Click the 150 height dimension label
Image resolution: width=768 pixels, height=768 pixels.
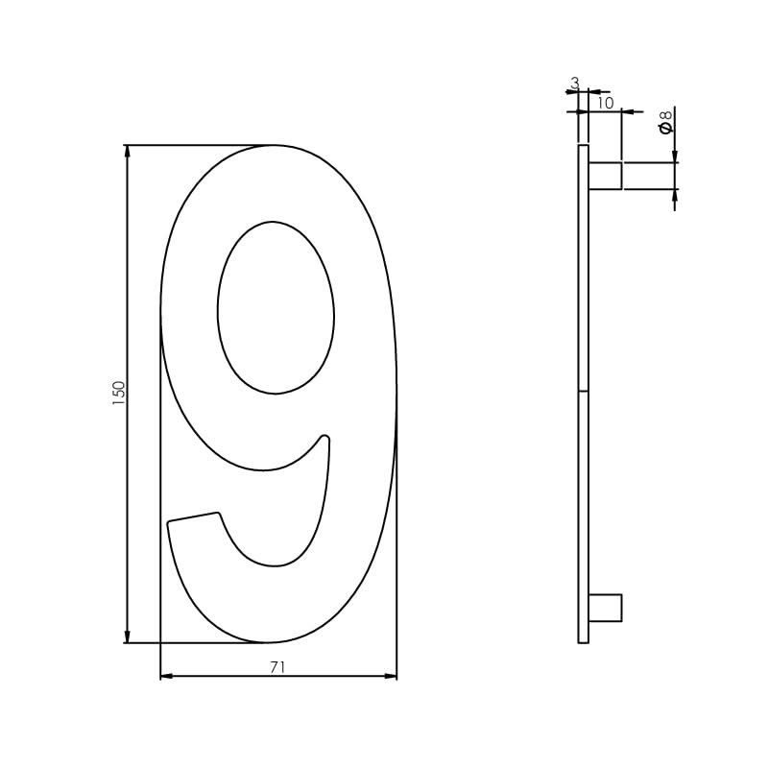pyautogui.click(x=119, y=392)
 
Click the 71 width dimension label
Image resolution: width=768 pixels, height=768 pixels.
pyautogui.click(x=277, y=667)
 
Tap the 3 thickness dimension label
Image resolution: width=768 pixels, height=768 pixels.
pyautogui.click(x=575, y=84)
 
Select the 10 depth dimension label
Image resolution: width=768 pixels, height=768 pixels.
pyautogui.click(x=605, y=103)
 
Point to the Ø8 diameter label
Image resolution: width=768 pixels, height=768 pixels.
pyautogui.click(x=665, y=122)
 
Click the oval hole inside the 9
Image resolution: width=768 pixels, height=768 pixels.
pyautogui.click(x=276, y=307)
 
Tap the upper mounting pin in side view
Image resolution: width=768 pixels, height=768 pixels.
pyautogui.click(x=605, y=176)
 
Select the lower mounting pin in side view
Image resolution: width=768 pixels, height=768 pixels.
pyautogui.click(x=605, y=608)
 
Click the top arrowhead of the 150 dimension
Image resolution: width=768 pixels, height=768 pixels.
pyautogui.click(x=127, y=151)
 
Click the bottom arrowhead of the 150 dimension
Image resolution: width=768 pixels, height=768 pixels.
pyautogui.click(x=127, y=636)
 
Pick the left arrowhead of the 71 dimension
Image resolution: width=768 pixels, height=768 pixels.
pyautogui.click(x=166, y=676)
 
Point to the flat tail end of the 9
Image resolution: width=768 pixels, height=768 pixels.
pyautogui.click(x=193, y=517)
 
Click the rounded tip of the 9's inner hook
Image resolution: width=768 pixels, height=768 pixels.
pyautogui.click(x=324, y=439)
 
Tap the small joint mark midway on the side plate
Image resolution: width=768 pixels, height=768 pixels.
pyautogui.click(x=583, y=391)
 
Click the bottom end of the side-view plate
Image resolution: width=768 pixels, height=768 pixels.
pyautogui.click(x=583, y=640)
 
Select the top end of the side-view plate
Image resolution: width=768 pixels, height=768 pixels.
pyautogui.click(x=583, y=147)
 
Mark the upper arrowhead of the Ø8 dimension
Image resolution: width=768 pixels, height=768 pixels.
pyautogui.click(x=675, y=156)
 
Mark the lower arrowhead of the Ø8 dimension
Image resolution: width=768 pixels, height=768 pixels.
pyautogui.click(x=675, y=195)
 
